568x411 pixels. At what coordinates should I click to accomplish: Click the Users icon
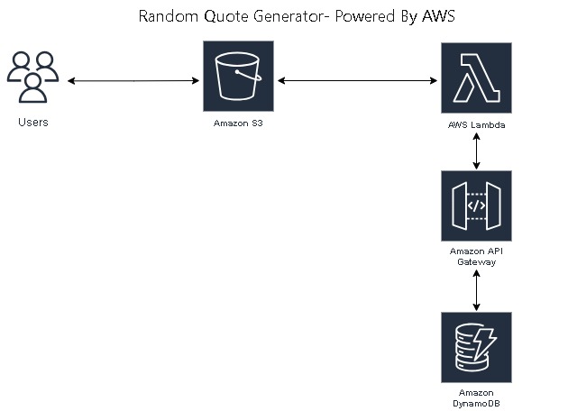tap(33, 79)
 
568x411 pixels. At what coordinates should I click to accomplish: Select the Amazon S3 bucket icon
tap(238, 79)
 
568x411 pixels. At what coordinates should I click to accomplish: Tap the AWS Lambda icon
tap(475, 79)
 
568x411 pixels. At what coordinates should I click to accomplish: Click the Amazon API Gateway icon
tap(475, 205)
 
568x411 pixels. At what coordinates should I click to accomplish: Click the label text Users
tap(33, 122)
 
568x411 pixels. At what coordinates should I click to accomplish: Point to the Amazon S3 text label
tap(238, 122)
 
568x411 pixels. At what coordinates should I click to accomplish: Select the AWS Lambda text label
tap(475, 125)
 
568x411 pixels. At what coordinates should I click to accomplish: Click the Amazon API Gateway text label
tap(475, 255)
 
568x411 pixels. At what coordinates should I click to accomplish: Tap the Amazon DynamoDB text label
tap(475, 400)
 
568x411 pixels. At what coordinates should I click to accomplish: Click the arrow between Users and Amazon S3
tap(133, 81)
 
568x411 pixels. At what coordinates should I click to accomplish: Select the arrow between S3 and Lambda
tap(357, 81)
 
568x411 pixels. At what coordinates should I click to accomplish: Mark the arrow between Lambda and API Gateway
tap(476, 151)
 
